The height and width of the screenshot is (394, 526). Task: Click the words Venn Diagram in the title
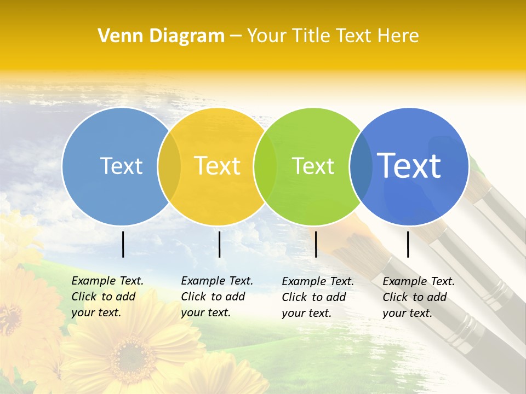point(161,36)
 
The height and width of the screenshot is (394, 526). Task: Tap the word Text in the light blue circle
point(121,166)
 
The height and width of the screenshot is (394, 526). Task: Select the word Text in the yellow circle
point(218,166)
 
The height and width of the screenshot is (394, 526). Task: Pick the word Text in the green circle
point(313,166)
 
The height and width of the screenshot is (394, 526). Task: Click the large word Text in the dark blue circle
point(409,166)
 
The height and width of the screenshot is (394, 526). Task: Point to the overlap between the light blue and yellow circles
point(169,166)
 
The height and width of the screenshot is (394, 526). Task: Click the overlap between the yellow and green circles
point(265,166)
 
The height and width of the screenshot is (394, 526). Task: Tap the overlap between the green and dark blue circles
point(361,166)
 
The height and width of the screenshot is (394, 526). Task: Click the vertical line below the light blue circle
point(123,244)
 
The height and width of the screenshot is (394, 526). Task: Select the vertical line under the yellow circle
point(219,244)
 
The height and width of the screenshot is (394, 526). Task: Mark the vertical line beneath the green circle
point(316,244)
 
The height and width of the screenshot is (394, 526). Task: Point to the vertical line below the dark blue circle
point(408,244)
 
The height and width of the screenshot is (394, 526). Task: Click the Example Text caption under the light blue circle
point(107,297)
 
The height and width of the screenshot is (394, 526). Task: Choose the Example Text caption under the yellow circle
point(217,297)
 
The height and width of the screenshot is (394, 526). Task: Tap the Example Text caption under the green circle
point(318,297)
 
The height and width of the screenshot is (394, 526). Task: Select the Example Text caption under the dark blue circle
point(419,297)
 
